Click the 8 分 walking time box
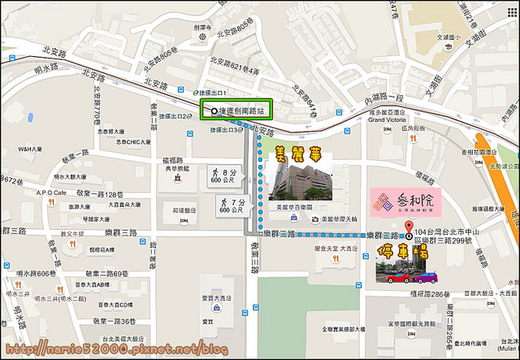[x=224, y=176]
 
